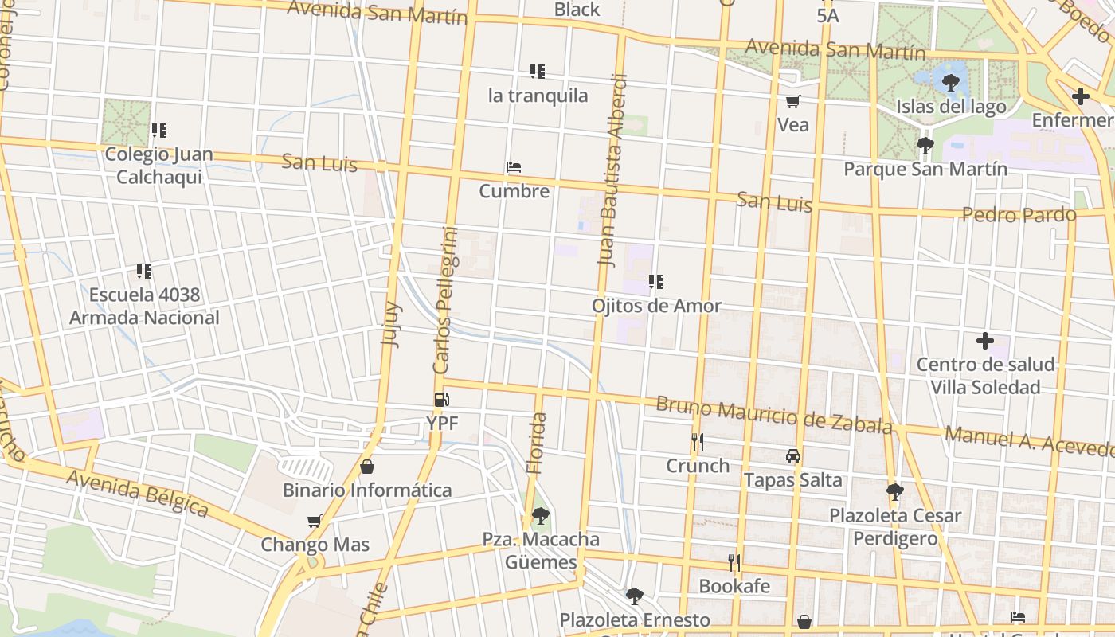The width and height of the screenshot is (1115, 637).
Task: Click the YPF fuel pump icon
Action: pyautogui.click(x=440, y=400)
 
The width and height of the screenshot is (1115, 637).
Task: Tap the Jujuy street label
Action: pyautogui.click(x=392, y=324)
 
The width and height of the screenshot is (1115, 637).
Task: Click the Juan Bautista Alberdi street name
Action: pyautogui.click(x=612, y=170)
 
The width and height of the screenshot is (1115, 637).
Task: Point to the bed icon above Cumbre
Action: pyautogui.click(x=514, y=168)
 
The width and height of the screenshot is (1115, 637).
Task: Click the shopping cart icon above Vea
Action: pyautogui.click(x=792, y=101)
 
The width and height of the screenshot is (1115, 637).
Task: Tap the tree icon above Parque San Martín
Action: pyautogui.click(x=925, y=146)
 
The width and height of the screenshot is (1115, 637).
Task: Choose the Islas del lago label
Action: pyautogui.click(x=951, y=107)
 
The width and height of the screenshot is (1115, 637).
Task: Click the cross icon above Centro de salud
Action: pyautogui.click(x=985, y=341)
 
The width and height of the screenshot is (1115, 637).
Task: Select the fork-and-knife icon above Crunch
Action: pyautogui.click(x=698, y=442)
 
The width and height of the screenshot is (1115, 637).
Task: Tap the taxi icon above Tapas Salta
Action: pyautogui.click(x=792, y=456)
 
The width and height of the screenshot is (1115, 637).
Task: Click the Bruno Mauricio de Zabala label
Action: pyautogui.click(x=773, y=415)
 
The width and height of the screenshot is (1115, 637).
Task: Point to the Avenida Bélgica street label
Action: pyautogui.click(x=137, y=493)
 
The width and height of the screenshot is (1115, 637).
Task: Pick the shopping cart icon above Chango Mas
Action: pyautogui.click(x=315, y=522)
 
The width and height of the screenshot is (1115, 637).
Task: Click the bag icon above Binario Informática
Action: pyautogui.click(x=367, y=467)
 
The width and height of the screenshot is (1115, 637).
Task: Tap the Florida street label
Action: pyautogui.click(x=538, y=443)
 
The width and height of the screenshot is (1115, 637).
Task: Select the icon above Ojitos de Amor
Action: pyautogui.click(x=656, y=282)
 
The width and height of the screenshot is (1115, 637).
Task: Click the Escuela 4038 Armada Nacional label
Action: pyautogui.click(x=144, y=307)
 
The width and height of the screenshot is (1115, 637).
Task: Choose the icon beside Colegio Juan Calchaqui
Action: pyautogui.click(x=159, y=131)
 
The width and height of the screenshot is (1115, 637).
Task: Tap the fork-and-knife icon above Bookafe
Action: pyautogui.click(x=734, y=563)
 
